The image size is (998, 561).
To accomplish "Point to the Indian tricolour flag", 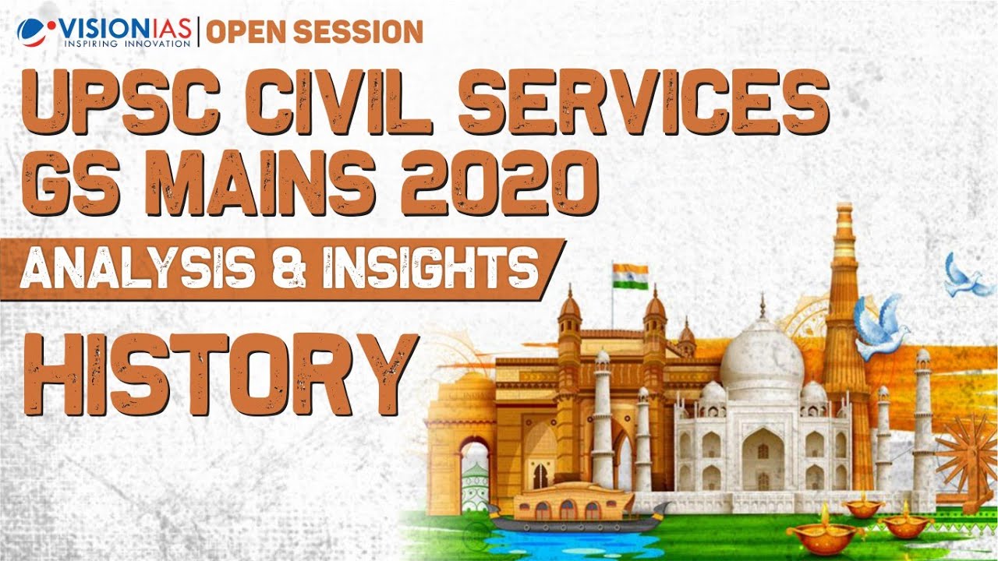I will (629, 276).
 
